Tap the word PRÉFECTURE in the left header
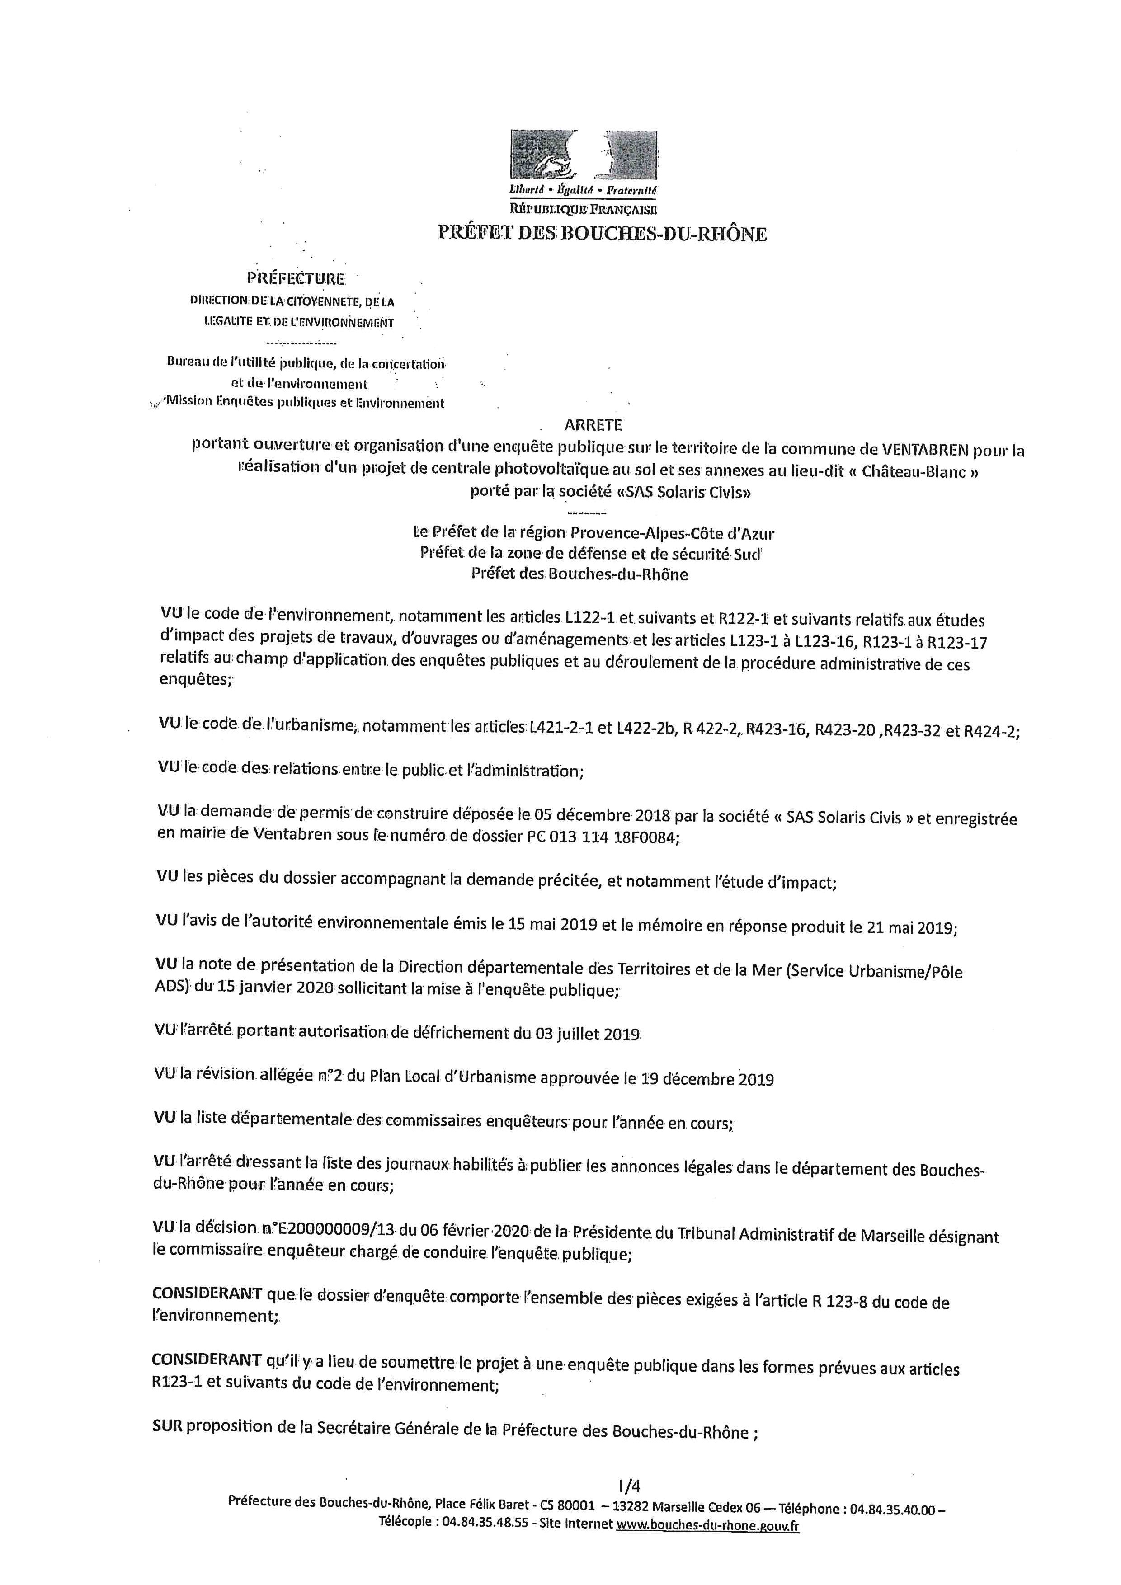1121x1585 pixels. [296, 279]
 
